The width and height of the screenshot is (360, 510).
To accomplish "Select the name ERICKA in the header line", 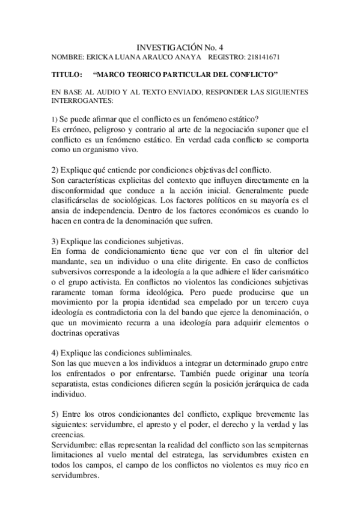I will (x=102, y=57).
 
